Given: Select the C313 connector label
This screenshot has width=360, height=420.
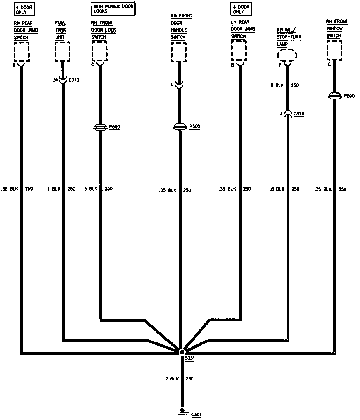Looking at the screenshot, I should [x=74, y=80].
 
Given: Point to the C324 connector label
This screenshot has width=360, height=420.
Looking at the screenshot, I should [x=299, y=114].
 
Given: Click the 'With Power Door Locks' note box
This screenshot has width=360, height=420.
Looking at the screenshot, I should [x=113, y=9].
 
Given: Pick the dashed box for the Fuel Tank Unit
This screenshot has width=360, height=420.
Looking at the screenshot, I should [x=62, y=51].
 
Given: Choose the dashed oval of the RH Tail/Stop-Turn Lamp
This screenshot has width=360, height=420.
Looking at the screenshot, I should [x=287, y=55].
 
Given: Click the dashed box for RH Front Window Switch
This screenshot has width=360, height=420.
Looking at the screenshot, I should [x=334, y=50].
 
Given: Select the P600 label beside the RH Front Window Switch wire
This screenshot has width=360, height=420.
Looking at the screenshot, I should [x=349, y=96].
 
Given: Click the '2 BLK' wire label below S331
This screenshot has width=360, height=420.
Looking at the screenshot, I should [x=172, y=379].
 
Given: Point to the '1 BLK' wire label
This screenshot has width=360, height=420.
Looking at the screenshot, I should [x=54, y=189].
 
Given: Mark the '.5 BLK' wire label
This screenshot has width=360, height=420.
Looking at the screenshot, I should [x=90, y=189].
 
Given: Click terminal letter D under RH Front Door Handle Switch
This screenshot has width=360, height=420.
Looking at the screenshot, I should [x=172, y=84].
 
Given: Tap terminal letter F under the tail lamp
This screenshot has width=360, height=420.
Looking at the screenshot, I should [x=280, y=65].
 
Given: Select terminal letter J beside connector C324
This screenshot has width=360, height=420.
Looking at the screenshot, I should [x=281, y=114].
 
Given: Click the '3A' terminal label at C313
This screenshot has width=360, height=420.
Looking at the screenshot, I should [x=56, y=80].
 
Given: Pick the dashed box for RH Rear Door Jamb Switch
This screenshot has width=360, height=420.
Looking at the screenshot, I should [x=21, y=52].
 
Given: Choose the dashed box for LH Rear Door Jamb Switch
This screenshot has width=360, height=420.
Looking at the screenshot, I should [x=239, y=50].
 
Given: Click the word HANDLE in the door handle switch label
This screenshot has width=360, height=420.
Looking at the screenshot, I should [x=179, y=30].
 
